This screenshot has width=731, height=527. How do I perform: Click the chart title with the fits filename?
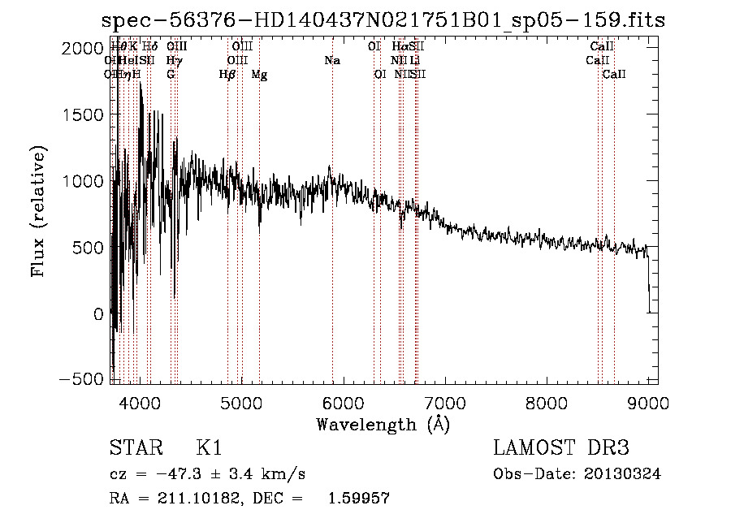tap(383, 21)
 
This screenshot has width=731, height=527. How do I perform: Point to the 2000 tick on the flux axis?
tap(84, 49)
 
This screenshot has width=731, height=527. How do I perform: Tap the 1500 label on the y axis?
tap(84, 115)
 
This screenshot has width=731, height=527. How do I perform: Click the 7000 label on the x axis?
tap(444, 403)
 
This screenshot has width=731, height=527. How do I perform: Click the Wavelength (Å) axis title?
tap(383, 424)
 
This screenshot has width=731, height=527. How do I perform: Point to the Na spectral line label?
tap(331, 61)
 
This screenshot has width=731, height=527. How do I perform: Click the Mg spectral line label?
tap(259, 75)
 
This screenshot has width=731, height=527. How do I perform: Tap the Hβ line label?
tap(227, 75)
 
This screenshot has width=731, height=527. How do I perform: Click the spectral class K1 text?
tap(209, 448)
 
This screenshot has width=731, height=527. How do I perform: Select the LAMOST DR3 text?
tap(561, 448)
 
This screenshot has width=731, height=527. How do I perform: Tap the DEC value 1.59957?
tap(358, 499)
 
